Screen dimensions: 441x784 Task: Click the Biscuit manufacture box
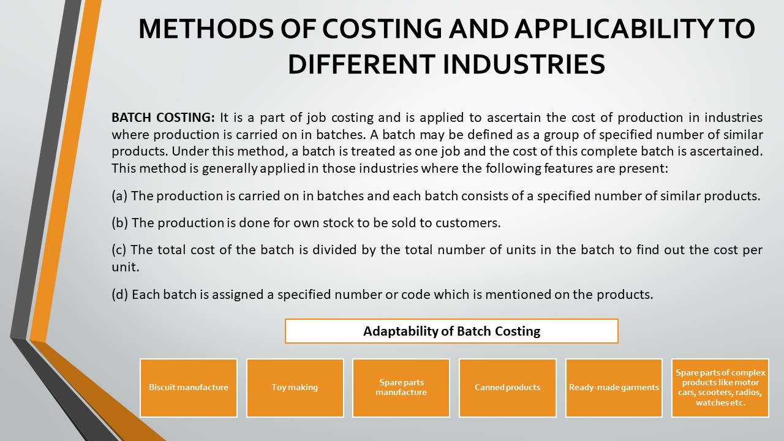(x=189, y=388)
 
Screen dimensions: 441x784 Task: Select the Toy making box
(x=295, y=388)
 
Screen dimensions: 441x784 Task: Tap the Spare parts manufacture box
(x=401, y=388)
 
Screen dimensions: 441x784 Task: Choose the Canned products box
(x=507, y=388)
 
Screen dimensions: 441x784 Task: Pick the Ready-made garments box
(x=614, y=388)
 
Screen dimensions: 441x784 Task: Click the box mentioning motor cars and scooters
(x=720, y=388)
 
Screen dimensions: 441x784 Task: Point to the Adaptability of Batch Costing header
(x=451, y=331)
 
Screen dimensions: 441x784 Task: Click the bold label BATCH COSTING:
(x=163, y=118)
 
